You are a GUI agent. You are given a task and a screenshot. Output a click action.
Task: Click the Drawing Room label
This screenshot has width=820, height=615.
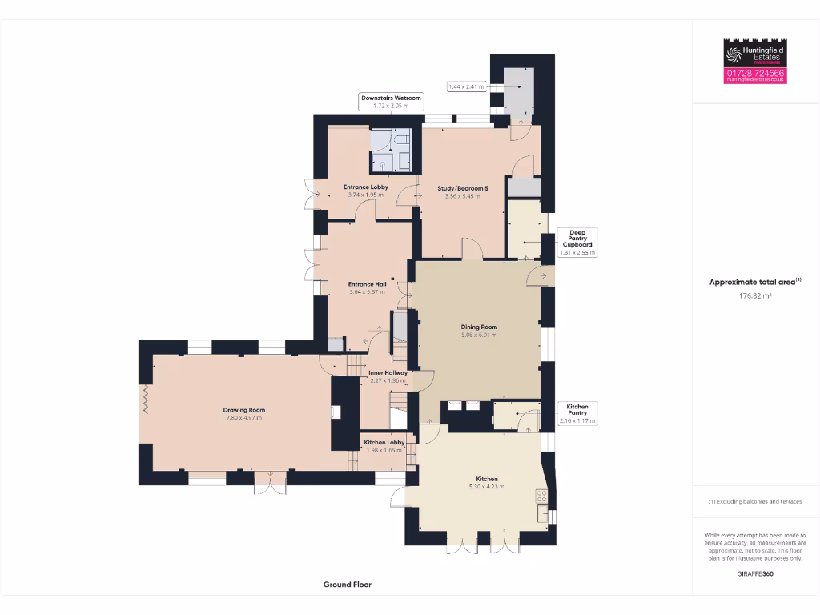tap(243, 410)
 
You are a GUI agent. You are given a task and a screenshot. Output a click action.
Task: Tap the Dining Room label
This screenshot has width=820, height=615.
tap(479, 327)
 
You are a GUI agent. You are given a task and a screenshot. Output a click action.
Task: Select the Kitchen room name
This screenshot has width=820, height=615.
tap(487, 479)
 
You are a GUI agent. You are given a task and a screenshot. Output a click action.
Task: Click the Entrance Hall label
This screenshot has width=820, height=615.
tap(367, 283)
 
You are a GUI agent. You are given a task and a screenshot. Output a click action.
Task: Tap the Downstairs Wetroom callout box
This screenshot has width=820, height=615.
tap(391, 102)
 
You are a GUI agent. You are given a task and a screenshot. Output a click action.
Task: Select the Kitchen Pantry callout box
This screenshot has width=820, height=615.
tap(577, 414)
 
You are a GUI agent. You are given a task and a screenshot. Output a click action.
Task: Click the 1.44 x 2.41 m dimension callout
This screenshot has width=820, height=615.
tap(467, 86)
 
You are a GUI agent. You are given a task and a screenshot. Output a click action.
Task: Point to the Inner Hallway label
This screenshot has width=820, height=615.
tap(388, 372)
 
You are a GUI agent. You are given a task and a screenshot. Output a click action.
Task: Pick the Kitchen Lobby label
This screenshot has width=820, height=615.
tap(384, 442)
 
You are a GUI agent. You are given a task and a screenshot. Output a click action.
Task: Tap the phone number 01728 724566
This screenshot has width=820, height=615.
tap(755, 73)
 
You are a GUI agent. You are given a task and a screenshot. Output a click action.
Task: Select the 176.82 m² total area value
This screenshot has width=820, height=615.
tap(754, 296)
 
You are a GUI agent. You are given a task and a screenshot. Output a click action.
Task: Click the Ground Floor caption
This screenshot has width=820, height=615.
tap(348, 585)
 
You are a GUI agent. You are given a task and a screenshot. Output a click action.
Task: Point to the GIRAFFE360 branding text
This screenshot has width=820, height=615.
tap(755, 573)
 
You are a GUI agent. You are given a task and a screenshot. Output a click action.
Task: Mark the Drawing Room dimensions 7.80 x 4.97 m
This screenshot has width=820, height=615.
tap(243, 418)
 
